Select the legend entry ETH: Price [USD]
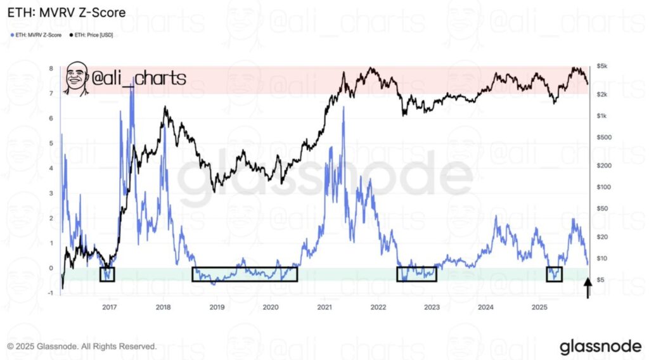click(x=97, y=35)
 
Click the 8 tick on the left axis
click(x=51, y=68)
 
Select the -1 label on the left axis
click(x=51, y=293)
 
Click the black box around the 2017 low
click(x=108, y=274)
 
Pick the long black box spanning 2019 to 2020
click(x=245, y=274)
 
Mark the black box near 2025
click(x=555, y=274)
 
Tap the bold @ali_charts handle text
click(x=138, y=79)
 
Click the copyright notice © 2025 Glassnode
click(x=82, y=347)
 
